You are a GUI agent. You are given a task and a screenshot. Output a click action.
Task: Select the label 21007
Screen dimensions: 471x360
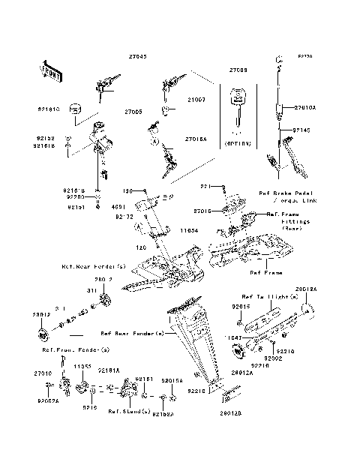(196, 98)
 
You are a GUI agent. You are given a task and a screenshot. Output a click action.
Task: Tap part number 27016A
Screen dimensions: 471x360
(197, 139)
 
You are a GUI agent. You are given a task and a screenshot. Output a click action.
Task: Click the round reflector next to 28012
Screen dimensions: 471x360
(41, 331)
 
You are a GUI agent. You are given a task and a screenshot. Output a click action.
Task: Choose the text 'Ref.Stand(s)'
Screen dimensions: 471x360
(125, 411)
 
